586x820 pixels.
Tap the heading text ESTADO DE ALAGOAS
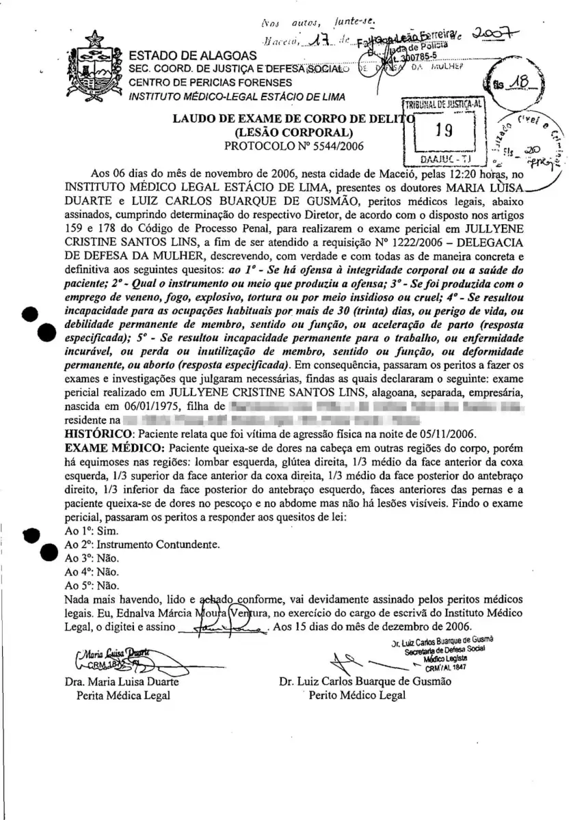pyautogui.click(x=193, y=55)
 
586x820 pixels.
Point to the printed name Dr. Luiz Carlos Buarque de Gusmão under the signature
pyautogui.click(x=365, y=682)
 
